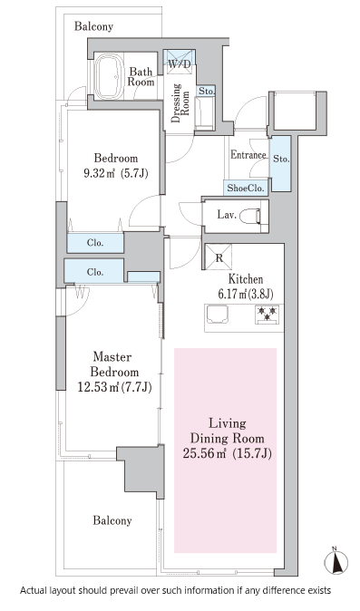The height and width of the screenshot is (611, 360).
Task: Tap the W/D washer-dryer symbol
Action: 180,60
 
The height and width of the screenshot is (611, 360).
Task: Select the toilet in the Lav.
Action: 250,216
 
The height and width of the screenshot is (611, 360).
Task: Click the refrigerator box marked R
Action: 219,257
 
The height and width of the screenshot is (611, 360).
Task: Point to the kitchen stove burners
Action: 267,314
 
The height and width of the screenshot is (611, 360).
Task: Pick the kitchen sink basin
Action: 218,314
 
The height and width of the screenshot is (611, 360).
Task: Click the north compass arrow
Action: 336,561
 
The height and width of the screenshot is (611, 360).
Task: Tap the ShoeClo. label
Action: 247,188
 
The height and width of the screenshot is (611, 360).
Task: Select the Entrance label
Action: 248,155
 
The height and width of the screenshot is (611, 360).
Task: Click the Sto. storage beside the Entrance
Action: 281,163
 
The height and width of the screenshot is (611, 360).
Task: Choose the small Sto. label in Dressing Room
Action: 207,92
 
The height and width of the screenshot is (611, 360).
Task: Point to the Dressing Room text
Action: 180,102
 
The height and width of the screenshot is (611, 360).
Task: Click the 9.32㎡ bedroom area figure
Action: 100,173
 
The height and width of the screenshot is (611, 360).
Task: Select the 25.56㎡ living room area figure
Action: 205,453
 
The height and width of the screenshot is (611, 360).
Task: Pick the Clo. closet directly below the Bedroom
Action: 95,243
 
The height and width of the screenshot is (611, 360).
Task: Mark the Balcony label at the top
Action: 94,26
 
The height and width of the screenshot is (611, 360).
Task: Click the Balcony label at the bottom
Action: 112,520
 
